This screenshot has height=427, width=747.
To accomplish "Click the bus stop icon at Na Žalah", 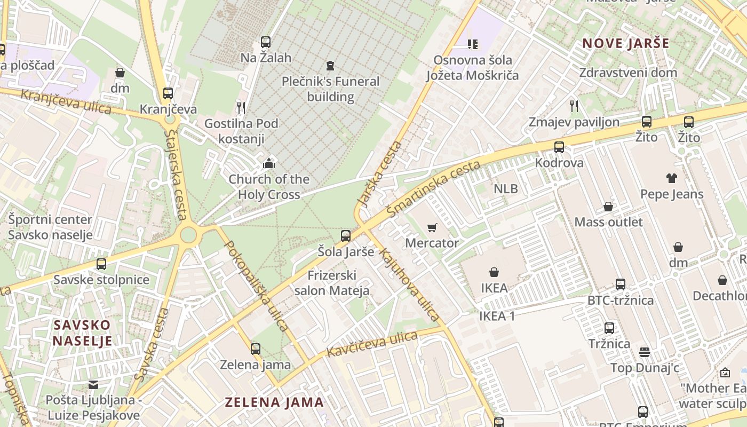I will point(266,42).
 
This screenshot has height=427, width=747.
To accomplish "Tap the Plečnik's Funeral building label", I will point(330,89).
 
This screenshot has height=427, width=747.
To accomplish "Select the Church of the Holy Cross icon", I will point(269,163).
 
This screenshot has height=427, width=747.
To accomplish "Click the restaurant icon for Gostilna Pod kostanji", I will point(241,108).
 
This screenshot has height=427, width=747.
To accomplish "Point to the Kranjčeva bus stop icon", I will point(168,93).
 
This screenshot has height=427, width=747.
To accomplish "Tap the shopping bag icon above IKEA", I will point(494,272).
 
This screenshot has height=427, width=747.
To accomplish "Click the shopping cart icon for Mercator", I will point(432,227).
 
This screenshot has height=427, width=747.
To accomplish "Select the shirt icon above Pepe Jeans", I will point(671,178).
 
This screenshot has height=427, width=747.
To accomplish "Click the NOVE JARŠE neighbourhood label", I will point(625,43).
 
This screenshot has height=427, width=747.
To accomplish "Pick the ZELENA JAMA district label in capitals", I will point(274,402).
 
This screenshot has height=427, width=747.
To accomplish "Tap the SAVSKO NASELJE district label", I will point(82,333).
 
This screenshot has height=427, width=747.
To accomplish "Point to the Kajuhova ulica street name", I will point(409,284).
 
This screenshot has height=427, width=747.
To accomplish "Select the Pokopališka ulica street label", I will point(256,286).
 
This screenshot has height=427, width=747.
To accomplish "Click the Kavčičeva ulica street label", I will point(371,344).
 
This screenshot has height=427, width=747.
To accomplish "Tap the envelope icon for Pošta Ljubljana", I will point(93,385).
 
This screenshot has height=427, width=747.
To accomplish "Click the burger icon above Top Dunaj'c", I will point(645,352).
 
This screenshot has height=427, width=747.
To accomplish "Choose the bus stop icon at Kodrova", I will point(559,147).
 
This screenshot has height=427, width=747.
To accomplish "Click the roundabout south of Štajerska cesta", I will point(188,234).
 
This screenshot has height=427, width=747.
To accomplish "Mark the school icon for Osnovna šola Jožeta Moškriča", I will point(472,44).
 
